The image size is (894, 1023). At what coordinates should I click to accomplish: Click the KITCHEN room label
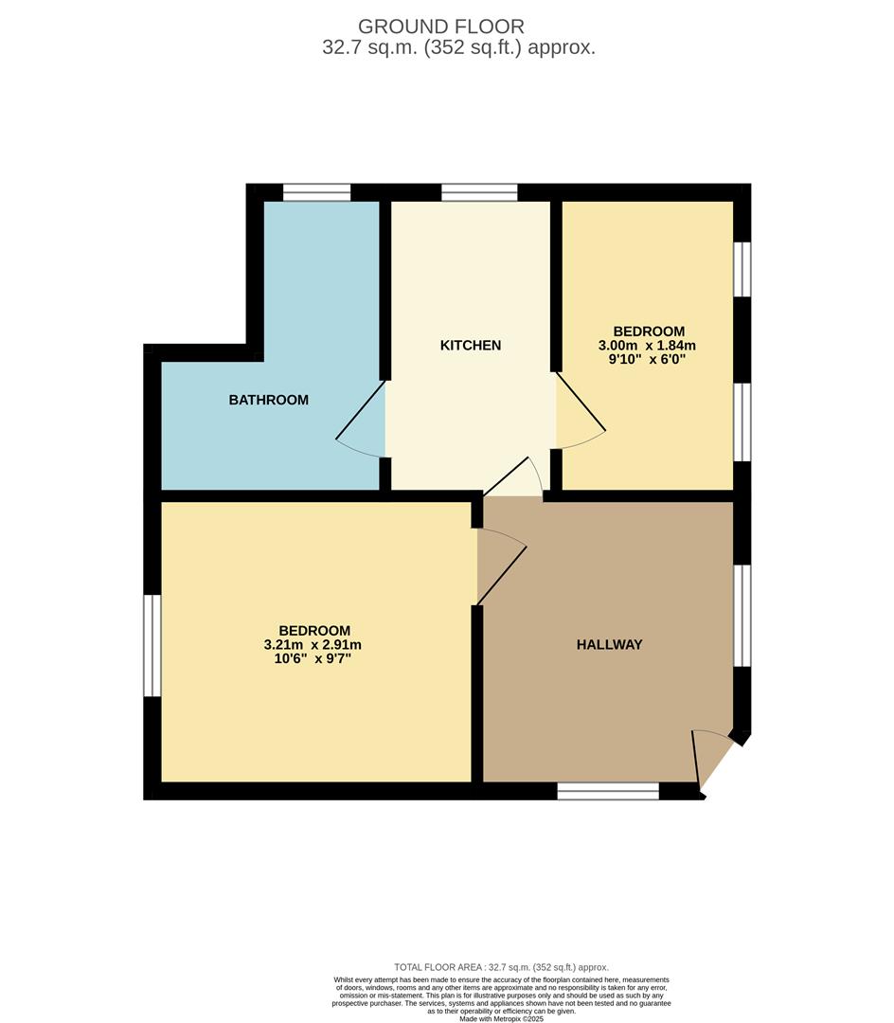coord(471,346)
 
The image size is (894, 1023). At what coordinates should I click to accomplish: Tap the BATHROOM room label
coord(268,400)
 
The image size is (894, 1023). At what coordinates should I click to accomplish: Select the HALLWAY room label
coord(609,645)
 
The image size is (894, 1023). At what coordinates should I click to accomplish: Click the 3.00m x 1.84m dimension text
coord(648,346)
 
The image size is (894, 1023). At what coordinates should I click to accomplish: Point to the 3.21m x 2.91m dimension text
coord(313,645)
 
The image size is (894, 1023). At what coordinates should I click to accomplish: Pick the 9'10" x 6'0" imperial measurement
coord(648,360)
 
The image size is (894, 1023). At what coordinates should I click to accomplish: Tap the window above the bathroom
coord(316,192)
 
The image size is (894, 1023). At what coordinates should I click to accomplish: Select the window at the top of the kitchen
coord(479,192)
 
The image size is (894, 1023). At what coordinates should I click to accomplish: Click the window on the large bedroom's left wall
coord(152,645)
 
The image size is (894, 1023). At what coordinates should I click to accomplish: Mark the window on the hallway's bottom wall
coord(607,791)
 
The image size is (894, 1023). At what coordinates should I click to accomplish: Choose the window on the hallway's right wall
coord(742,616)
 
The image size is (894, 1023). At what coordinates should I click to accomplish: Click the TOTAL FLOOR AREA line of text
coord(501,967)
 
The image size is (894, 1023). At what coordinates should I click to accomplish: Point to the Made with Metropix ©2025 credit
coord(503,1018)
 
